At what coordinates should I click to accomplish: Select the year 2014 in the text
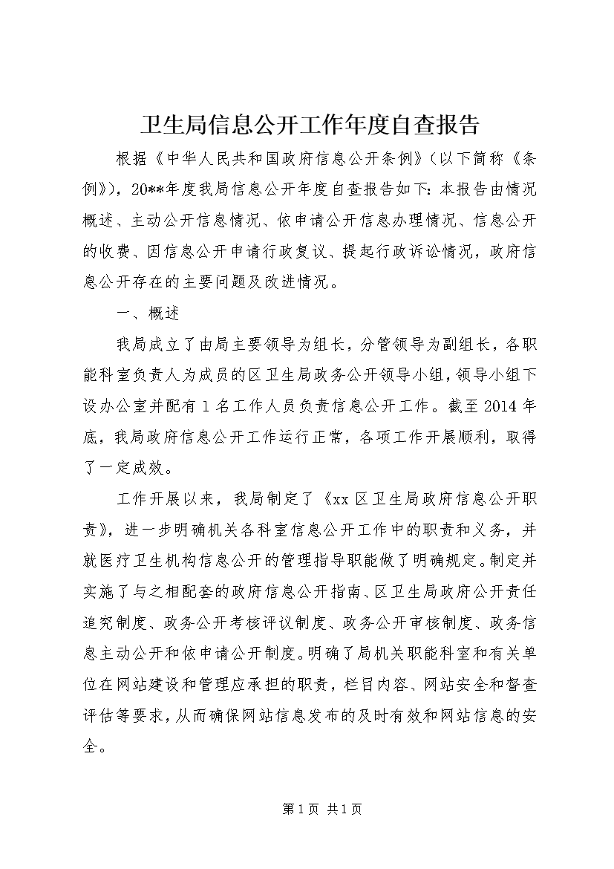point(503,406)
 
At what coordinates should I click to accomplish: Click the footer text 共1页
point(344,809)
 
